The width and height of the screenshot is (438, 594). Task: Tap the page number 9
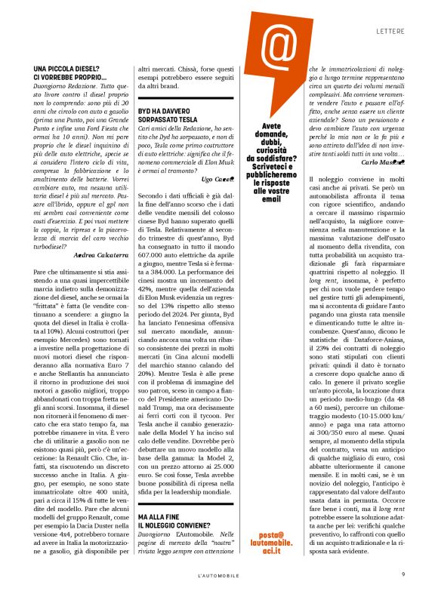403,574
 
